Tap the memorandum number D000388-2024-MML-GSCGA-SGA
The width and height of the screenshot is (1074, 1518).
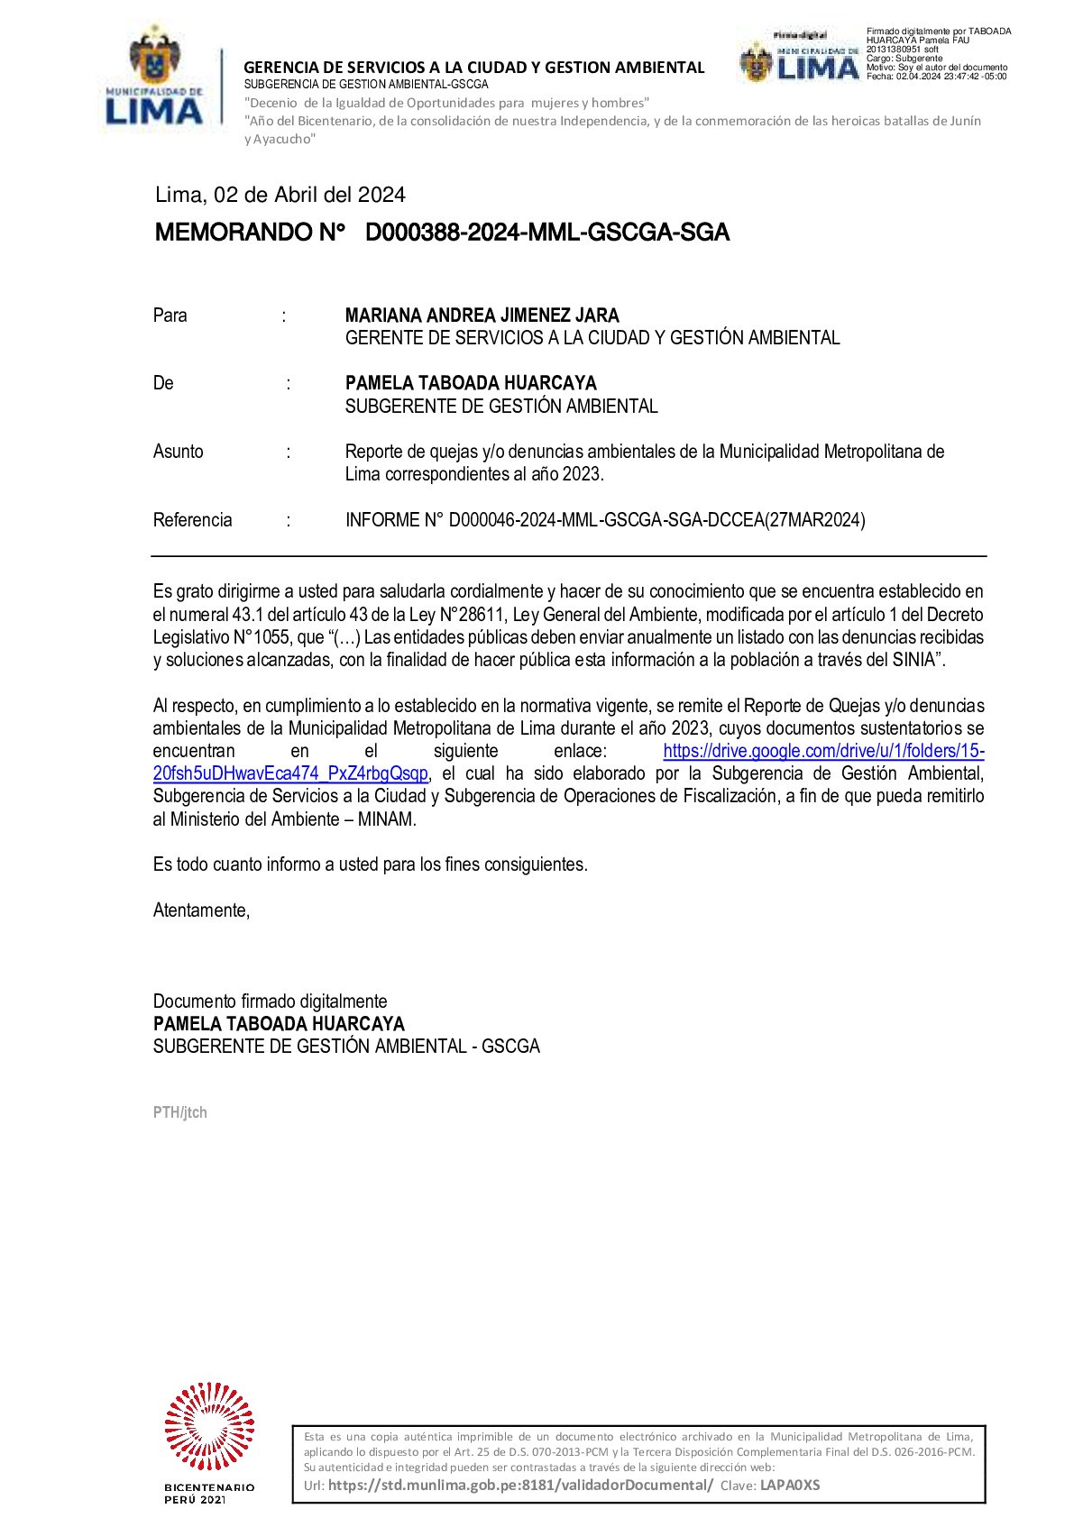tap(546, 233)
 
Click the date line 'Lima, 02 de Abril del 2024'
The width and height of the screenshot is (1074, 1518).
tap(280, 195)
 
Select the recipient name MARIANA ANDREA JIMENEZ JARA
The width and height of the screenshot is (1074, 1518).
tap(482, 315)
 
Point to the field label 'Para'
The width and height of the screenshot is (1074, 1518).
tap(170, 315)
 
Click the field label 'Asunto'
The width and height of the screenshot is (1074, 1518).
tap(179, 452)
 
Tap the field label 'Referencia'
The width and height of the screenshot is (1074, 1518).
tap(192, 520)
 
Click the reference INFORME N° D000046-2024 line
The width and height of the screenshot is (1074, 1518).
tap(605, 520)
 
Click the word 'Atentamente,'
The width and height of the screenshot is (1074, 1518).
tap(201, 910)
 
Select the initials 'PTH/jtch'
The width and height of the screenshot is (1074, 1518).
tap(180, 1112)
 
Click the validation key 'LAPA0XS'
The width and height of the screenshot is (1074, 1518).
tap(790, 1485)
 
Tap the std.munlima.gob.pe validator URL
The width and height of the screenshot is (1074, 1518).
tap(520, 1485)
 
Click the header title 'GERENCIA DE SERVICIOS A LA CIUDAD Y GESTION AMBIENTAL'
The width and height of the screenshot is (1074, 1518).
tap(474, 68)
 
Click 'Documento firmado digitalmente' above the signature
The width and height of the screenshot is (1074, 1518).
tap(270, 1001)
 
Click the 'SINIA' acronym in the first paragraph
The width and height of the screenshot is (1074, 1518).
tap(913, 660)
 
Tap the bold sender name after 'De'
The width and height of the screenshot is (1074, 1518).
tap(471, 383)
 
